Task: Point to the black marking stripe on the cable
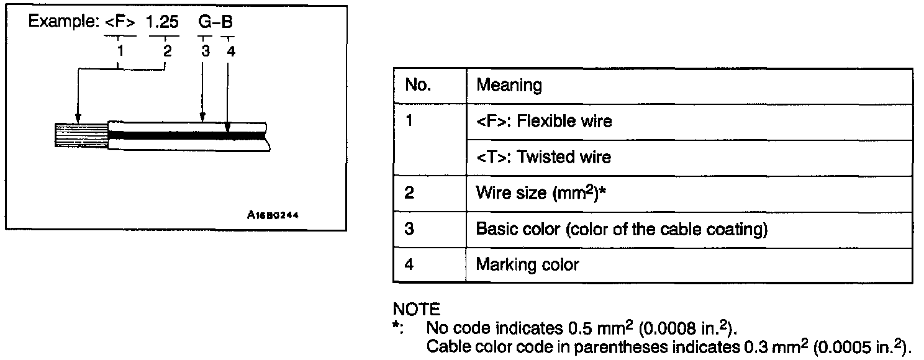pos(186,134)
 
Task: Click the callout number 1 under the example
pos(120,52)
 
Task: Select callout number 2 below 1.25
pos(166,52)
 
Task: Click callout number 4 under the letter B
pos(230,52)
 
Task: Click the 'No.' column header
pos(418,85)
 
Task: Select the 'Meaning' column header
pos(509,85)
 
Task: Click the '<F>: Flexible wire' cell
pos(543,121)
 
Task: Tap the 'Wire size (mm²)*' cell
pos(540,192)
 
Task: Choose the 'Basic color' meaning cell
pos(621,229)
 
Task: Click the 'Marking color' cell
pos(527,265)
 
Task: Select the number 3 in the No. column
pos(409,229)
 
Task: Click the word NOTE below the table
pos(417,309)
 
